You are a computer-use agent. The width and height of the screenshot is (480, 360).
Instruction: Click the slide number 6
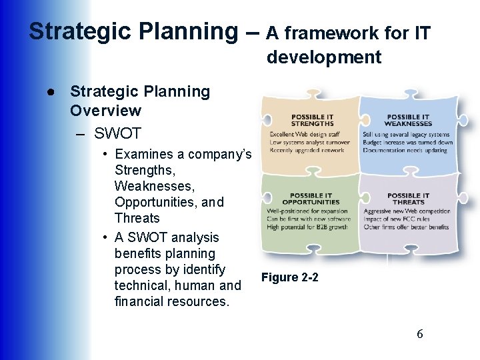pyautogui.click(x=419, y=334)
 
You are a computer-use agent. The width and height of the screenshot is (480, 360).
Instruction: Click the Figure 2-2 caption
pyautogui.click(x=289, y=277)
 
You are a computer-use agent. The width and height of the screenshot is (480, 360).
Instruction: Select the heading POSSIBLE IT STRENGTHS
pyautogui.click(x=312, y=121)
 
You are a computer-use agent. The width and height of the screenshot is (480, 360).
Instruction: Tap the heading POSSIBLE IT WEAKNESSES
pyautogui.click(x=407, y=121)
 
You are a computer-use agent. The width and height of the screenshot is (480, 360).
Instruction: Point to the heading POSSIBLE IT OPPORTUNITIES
pyautogui.click(x=310, y=199)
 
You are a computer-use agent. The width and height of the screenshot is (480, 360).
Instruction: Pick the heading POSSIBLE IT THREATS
pyautogui.click(x=407, y=199)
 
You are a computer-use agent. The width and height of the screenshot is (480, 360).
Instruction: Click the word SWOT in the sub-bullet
pyautogui.click(x=117, y=133)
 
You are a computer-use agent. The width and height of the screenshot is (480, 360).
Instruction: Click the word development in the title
pyautogui.click(x=324, y=57)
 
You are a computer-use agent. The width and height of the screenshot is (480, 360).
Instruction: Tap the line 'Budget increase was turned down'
pyautogui.click(x=407, y=142)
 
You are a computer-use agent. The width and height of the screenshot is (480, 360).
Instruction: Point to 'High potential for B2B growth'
pyautogui.click(x=307, y=227)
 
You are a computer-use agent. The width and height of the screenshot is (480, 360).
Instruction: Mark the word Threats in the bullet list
pyautogui.click(x=137, y=218)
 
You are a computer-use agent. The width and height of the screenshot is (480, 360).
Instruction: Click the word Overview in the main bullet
pyautogui.click(x=105, y=111)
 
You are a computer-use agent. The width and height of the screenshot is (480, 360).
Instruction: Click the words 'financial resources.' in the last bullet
pyautogui.click(x=171, y=301)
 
